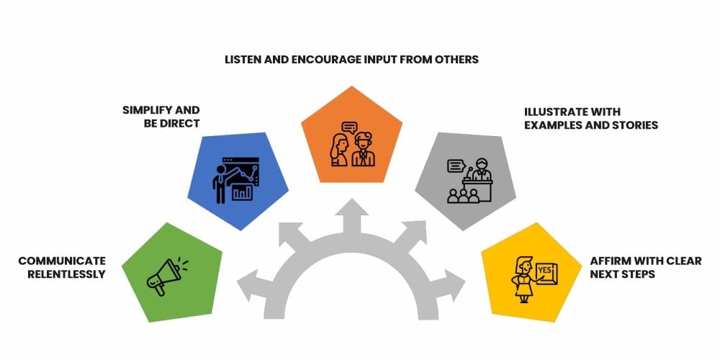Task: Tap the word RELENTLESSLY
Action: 66,274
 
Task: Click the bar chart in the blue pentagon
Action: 242,192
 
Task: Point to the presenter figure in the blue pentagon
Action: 220,184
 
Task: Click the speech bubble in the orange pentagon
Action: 349,127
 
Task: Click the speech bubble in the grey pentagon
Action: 456,166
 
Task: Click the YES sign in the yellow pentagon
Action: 546,272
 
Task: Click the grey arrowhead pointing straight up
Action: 352,207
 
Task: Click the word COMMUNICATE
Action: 62,261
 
